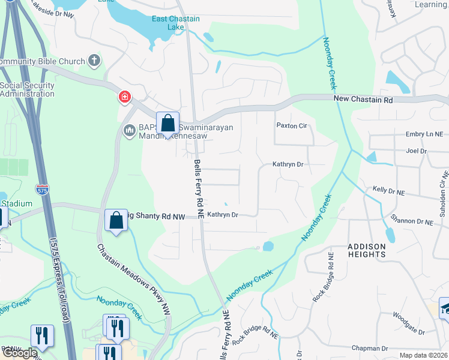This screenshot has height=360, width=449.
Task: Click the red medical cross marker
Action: (125, 97)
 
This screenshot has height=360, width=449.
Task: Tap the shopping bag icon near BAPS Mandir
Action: (168, 122)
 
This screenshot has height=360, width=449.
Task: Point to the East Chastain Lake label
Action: (175, 23)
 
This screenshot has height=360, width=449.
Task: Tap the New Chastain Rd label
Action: (363, 99)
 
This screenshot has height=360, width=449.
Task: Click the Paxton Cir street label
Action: (291, 125)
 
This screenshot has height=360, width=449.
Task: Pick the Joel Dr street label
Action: (416, 151)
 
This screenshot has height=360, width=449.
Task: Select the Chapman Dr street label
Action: (372, 348)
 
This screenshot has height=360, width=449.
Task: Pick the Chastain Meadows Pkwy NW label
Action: (133, 280)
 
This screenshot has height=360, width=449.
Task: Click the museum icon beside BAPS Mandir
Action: (129, 131)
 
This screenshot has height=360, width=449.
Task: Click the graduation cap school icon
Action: (445, 308)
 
